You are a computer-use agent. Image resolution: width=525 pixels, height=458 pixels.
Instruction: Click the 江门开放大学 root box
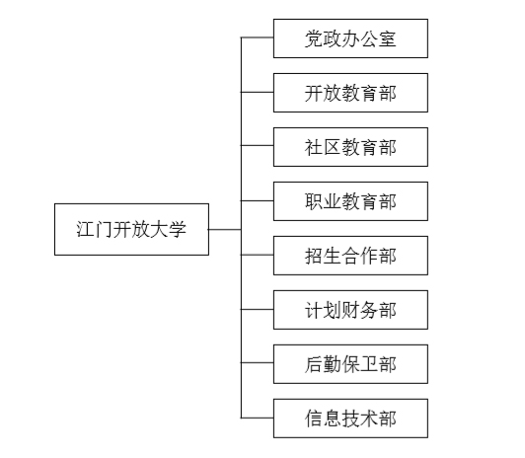pyautogui.click(x=131, y=229)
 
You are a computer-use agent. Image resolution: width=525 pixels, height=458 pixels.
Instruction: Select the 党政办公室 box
pyautogui.click(x=350, y=38)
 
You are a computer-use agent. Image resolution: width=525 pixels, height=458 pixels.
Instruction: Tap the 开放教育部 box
pyautogui.click(x=350, y=93)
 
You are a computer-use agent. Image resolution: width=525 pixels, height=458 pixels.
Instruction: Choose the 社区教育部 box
pyautogui.click(x=350, y=147)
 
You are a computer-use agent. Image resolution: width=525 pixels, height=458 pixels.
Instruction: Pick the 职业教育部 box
pyautogui.click(x=350, y=201)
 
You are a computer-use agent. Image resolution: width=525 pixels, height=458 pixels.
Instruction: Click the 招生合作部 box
pyautogui.click(x=350, y=256)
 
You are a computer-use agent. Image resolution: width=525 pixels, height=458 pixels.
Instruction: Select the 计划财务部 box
pyautogui.click(x=350, y=310)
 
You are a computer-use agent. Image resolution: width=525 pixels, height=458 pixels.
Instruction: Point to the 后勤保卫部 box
pyautogui.click(x=350, y=364)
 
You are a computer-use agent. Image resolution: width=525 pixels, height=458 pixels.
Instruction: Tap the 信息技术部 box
pyautogui.click(x=350, y=419)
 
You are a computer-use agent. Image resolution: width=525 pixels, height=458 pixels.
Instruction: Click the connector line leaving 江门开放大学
pyautogui.click(x=225, y=229)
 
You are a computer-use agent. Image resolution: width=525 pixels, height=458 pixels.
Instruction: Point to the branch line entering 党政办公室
pyautogui.click(x=258, y=38)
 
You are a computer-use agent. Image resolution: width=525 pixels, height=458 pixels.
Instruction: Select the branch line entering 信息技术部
pyautogui.click(x=258, y=418)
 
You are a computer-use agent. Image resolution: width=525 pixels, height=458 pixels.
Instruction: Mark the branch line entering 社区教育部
pyautogui.click(x=258, y=145)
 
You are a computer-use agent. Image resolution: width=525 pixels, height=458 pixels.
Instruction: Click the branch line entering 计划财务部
pyautogui.click(x=258, y=309)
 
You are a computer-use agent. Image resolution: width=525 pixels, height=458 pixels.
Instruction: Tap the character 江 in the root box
pyautogui.click(x=85, y=229)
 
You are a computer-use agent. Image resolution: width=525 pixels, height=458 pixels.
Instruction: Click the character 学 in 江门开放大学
pyautogui.click(x=177, y=229)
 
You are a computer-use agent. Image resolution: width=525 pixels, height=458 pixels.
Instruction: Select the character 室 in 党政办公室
pyautogui.click(x=388, y=38)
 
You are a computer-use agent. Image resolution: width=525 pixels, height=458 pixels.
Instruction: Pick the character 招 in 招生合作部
pyautogui.click(x=314, y=256)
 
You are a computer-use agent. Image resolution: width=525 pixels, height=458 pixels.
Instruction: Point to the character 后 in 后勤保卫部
pyautogui.click(x=314, y=364)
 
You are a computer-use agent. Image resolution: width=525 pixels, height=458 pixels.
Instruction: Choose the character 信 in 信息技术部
pyautogui.click(x=314, y=419)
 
